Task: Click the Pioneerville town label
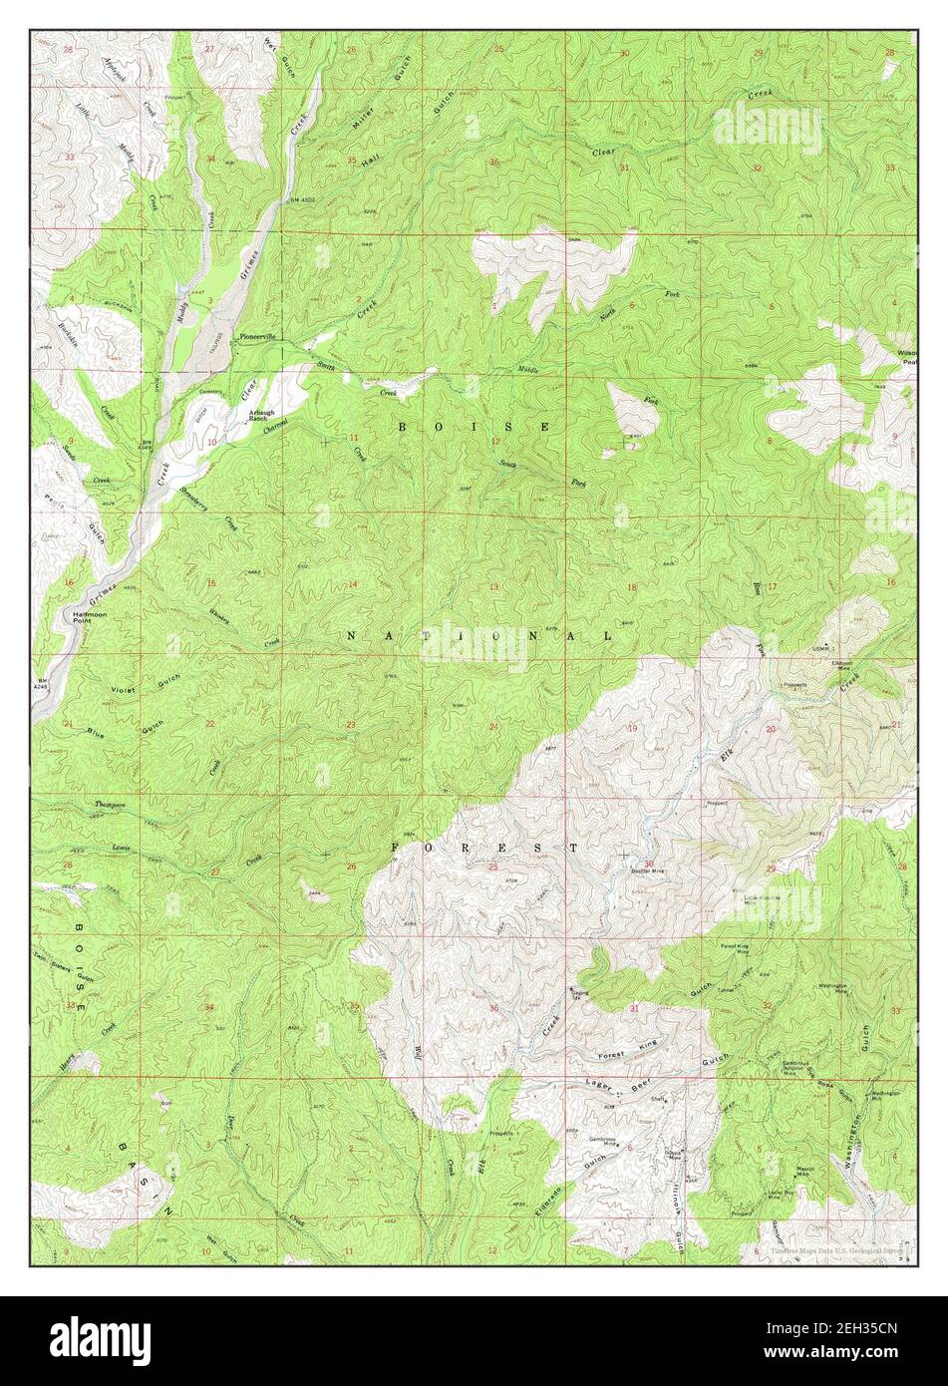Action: point(261,337)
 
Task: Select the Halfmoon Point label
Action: point(78,615)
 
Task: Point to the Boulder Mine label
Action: point(648,870)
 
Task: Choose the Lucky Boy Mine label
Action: point(781,1195)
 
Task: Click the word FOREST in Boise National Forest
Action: point(483,848)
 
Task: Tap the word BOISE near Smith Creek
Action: point(474,427)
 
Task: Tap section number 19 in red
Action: point(632,728)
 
